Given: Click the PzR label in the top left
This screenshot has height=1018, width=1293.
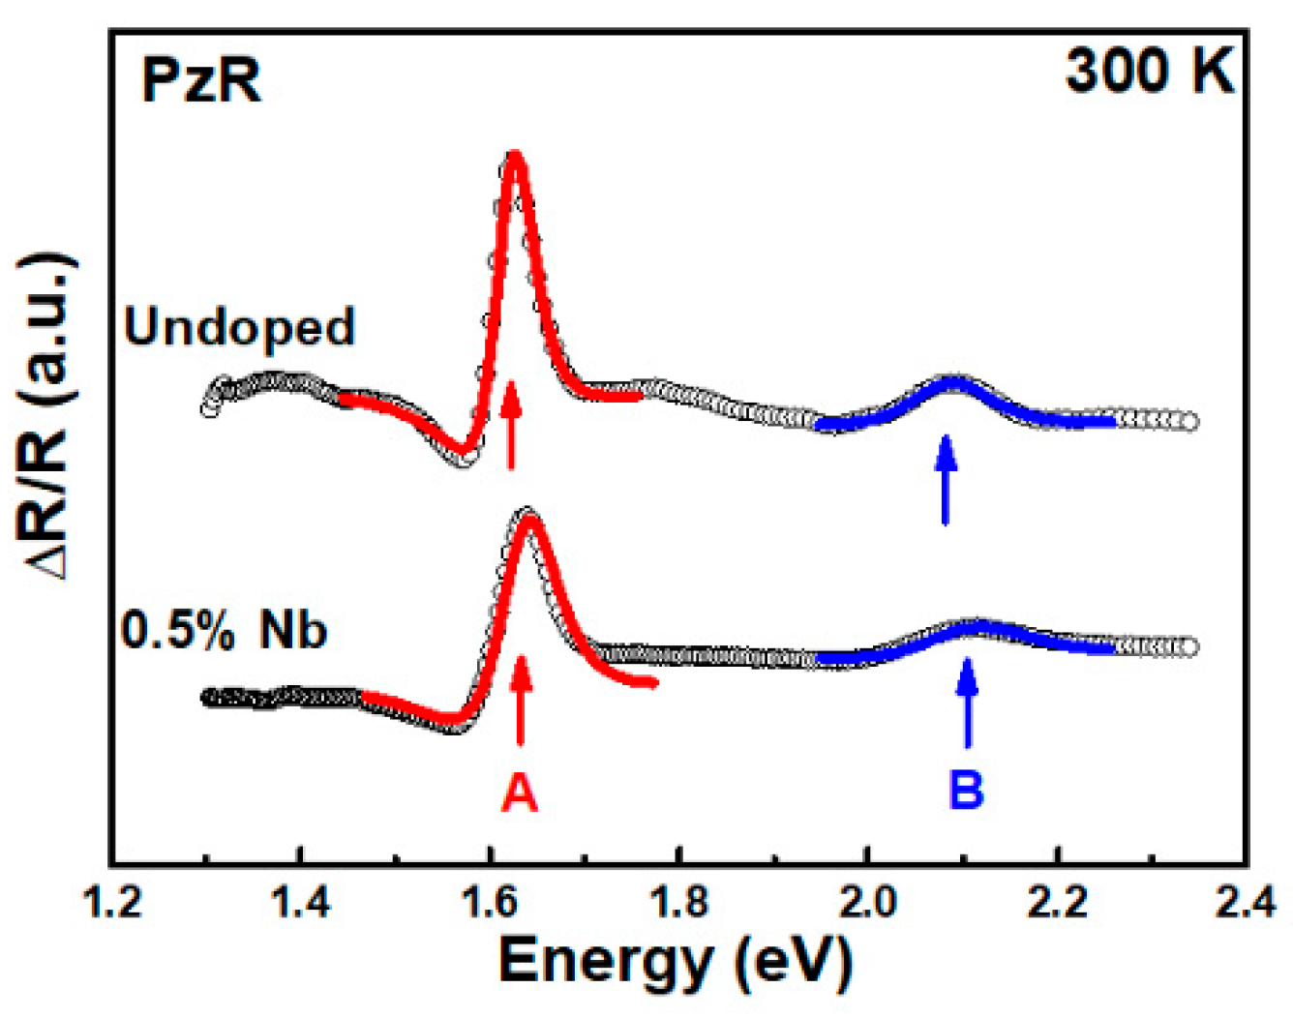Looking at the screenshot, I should tap(201, 79).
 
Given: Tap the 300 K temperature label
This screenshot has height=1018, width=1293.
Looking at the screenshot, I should tap(1149, 71).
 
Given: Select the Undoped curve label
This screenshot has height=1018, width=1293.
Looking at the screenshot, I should tap(239, 327).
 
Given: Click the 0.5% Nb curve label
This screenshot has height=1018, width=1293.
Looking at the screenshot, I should tap(225, 631).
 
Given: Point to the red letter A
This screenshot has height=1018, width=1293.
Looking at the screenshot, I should tap(520, 793).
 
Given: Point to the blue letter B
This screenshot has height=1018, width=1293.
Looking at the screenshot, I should tap(966, 790).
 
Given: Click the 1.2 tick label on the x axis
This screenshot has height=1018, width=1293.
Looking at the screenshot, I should tap(113, 903).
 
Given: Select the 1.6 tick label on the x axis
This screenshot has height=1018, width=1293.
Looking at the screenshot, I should tap(490, 903).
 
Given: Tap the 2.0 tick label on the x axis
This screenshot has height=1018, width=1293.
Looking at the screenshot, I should tap(868, 903).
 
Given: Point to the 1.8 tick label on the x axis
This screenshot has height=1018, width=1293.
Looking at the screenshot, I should tap(679, 903).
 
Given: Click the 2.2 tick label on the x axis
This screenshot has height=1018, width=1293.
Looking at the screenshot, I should tap(1057, 903).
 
